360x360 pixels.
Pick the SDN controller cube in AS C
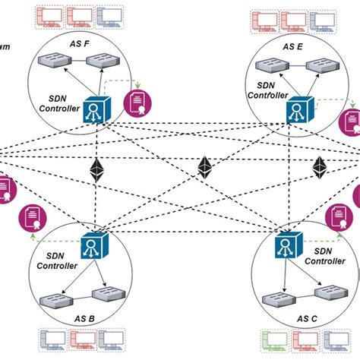pyautogui.click(x=286, y=249)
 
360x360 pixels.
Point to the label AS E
pyautogui.click(x=293, y=46)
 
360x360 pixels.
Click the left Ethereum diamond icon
pyautogui.click(x=97, y=171)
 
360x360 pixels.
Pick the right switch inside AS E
pyautogui.click(x=324, y=65)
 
